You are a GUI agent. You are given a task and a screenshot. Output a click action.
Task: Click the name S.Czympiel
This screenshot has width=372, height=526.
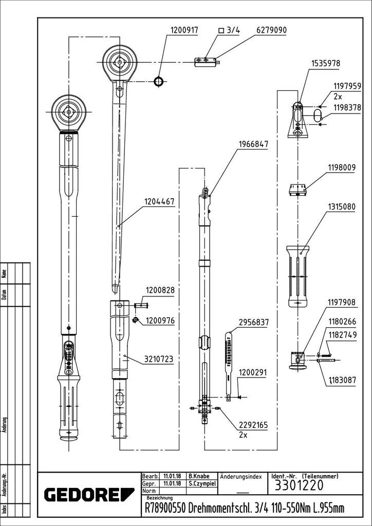click(201, 484)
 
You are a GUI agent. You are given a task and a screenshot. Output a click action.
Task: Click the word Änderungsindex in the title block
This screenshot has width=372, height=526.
click(241, 476)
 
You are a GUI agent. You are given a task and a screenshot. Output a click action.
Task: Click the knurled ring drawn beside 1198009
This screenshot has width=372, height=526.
click(297, 189)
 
